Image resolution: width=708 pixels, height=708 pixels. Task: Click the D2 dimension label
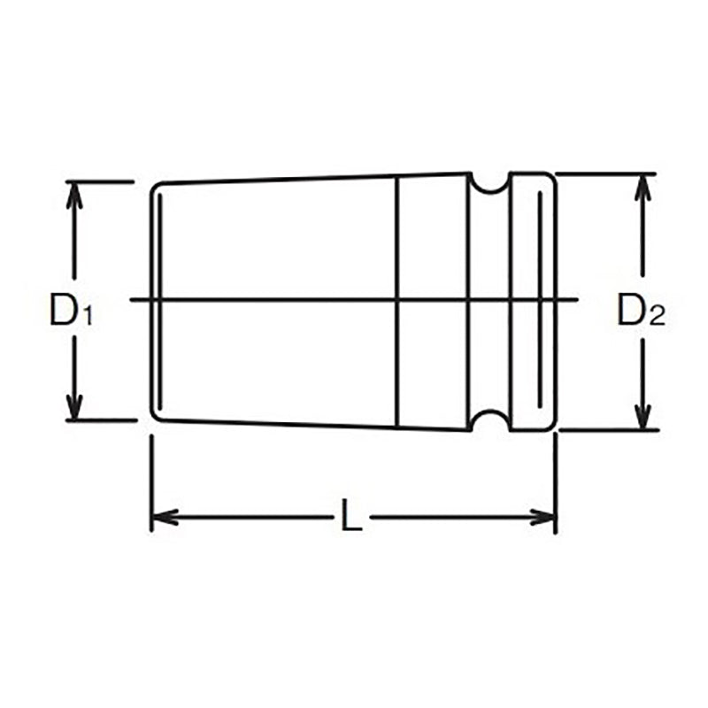tap(640, 311)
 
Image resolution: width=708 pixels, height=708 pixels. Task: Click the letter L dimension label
tap(351, 516)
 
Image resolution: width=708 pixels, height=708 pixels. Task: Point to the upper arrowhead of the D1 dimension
tap(74, 194)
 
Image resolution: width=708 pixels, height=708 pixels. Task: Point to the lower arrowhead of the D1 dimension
tap(74, 408)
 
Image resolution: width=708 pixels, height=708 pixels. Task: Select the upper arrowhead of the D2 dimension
tap(643, 185)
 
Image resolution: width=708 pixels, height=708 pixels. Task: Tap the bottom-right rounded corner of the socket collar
tap(551, 427)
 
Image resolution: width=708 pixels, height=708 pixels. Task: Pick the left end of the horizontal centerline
tap(132, 300)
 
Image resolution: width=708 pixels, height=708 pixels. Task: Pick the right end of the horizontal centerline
tap(577, 300)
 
